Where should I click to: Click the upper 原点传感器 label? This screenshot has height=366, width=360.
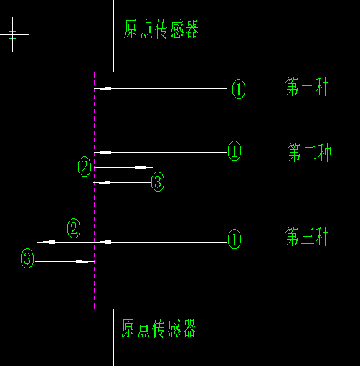coord(161,29)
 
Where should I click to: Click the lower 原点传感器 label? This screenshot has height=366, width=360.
coord(158,328)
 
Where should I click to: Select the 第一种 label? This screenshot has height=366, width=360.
coord(307,86)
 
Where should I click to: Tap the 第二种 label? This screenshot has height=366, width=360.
coord(309,152)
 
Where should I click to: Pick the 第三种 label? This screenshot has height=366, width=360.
coord(307,236)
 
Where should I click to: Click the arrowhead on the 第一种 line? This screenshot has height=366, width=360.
coord(105,89)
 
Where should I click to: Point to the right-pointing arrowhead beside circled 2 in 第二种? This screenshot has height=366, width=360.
coord(141,167)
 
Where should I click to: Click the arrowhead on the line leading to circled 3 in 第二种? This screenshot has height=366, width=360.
coord(105,183)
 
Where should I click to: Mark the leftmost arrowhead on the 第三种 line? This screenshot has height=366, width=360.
coord(49,243)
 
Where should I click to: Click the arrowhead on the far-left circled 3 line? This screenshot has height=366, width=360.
coord(82,261)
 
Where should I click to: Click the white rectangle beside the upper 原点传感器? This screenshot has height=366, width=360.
coord(75,36)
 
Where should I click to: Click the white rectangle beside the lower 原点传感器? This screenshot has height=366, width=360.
coord(75,337)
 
